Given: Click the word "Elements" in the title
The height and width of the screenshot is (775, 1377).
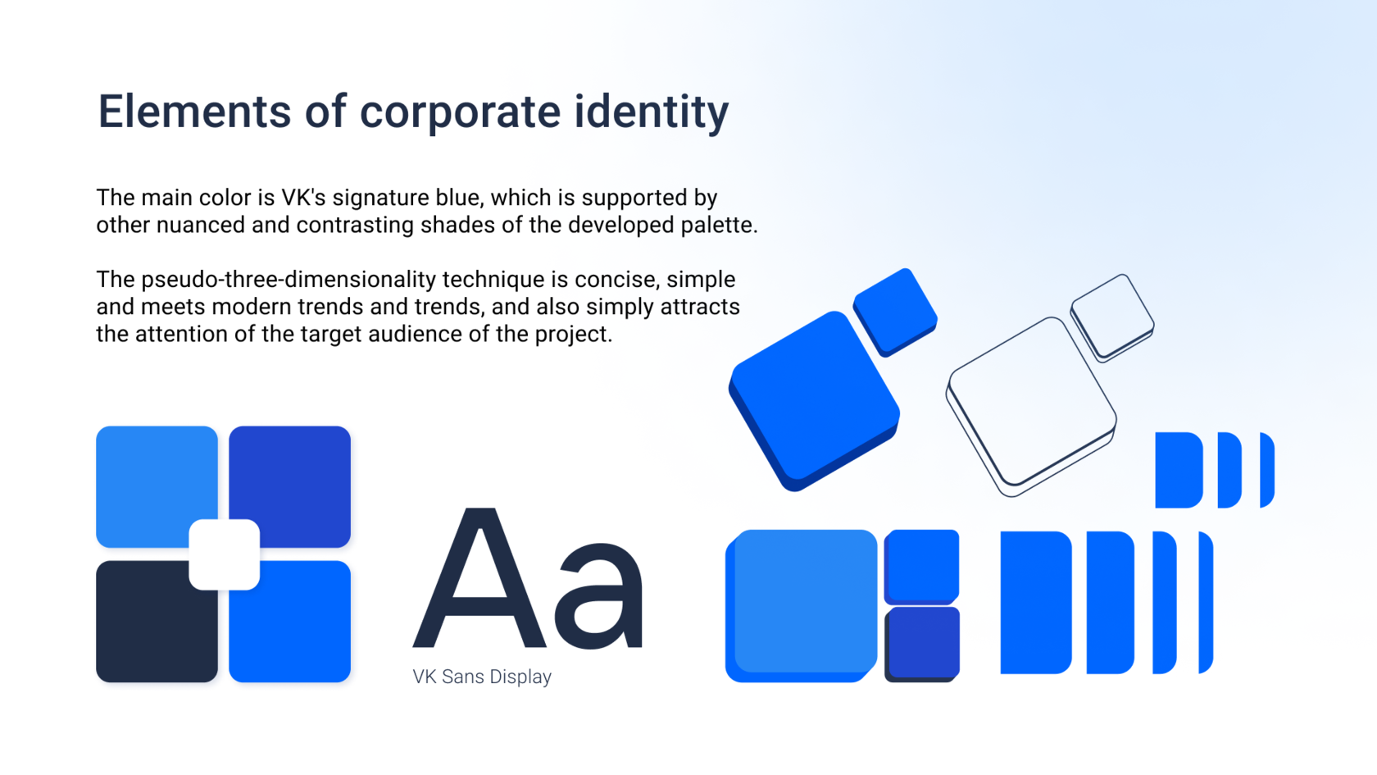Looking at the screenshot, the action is (194, 112).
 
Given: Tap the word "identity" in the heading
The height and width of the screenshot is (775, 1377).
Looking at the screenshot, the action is (652, 113).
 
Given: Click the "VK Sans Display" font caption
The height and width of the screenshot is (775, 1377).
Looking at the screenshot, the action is (482, 677).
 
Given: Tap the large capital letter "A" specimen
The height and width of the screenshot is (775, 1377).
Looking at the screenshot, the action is (479, 577).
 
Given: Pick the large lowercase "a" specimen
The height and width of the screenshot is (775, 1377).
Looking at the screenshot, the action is (598, 596).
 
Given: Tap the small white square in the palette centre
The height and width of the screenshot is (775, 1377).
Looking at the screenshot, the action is (225, 554).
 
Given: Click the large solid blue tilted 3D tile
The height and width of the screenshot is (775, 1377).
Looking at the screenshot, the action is (815, 401).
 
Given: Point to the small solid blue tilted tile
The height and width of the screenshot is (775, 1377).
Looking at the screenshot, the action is (895, 312).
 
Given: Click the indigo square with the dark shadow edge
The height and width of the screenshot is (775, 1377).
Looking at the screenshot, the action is (922, 644).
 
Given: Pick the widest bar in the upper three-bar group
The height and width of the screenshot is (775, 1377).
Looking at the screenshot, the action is (1179, 470).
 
